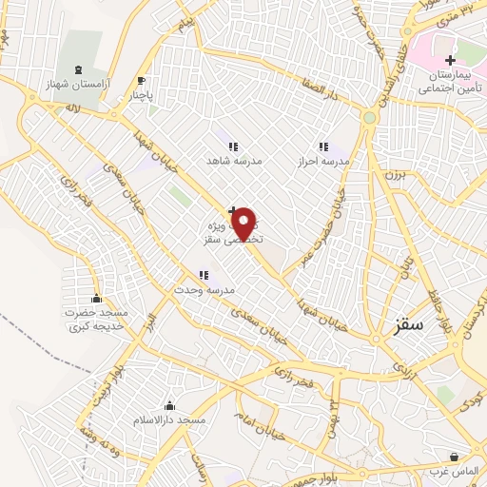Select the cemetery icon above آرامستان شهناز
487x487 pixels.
point(78,69)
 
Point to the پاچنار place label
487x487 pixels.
point(139,95)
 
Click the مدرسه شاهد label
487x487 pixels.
point(234,161)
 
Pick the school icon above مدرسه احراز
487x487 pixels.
point(322,147)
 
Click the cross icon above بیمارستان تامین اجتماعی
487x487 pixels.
point(450,61)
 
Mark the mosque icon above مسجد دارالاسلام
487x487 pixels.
point(169,406)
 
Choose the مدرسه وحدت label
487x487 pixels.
point(204,288)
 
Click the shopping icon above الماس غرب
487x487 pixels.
point(454,457)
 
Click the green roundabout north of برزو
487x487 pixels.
point(368,118)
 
